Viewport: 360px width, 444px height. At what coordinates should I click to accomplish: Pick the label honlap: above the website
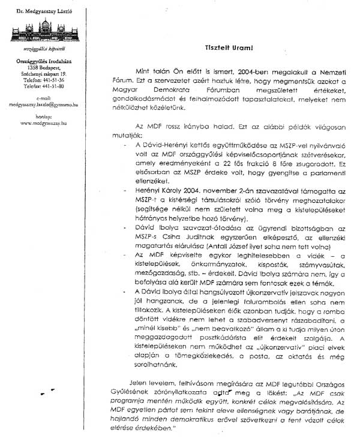(43, 116)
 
